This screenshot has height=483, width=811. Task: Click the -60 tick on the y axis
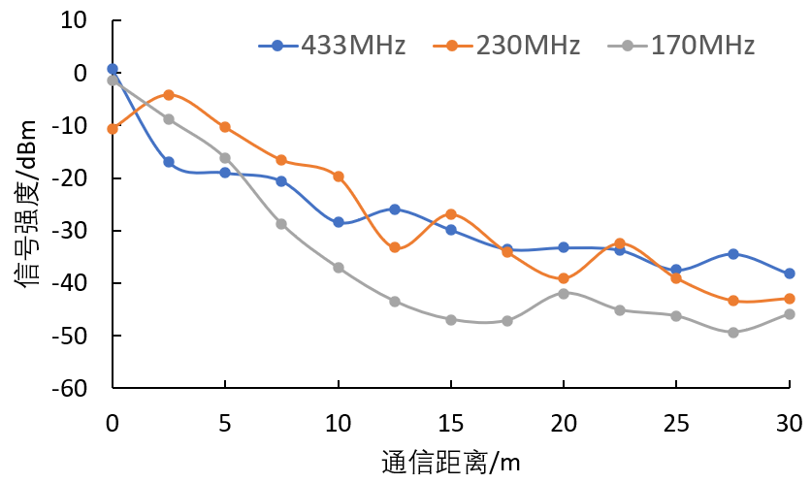pyautogui.click(x=73, y=388)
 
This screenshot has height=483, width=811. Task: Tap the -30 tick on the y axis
pyautogui.click(x=73, y=231)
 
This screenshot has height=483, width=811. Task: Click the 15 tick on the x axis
pyautogui.click(x=451, y=422)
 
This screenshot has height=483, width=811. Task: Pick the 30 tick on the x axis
pyautogui.click(x=789, y=422)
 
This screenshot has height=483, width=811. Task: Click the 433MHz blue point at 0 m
pyautogui.click(x=113, y=69)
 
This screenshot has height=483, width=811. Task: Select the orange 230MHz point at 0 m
pyautogui.click(x=113, y=128)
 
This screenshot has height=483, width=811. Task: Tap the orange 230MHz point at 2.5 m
pyautogui.click(x=169, y=95)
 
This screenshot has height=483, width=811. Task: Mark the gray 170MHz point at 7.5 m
pyautogui.click(x=281, y=224)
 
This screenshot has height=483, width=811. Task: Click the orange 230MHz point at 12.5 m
pyautogui.click(x=395, y=247)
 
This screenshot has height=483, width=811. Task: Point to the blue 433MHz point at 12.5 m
pyautogui.click(x=395, y=209)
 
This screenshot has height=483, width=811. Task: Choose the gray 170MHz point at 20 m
pyautogui.click(x=564, y=293)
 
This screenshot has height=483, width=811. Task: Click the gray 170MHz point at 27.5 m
pyautogui.click(x=733, y=333)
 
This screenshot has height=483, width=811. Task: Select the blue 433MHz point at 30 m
pyautogui.click(x=790, y=274)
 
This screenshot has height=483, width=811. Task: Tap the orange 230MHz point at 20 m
pyautogui.click(x=564, y=278)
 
